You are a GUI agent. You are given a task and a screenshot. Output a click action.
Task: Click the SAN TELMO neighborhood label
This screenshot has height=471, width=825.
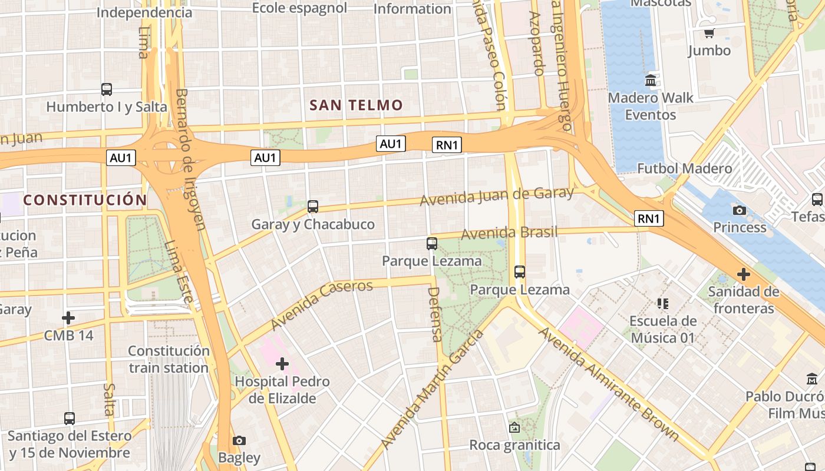(x=356, y=105)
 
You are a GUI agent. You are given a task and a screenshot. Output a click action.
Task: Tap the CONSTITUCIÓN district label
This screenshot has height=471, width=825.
(x=85, y=200)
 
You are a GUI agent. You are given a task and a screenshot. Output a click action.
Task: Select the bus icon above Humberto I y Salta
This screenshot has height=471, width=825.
(x=107, y=89)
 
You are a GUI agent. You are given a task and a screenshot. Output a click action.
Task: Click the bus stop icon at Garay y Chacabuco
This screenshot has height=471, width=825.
(x=313, y=207)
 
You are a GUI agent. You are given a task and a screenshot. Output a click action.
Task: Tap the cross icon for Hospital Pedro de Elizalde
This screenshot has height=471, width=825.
(x=282, y=364)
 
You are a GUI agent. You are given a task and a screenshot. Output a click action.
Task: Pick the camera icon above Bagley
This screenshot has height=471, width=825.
(x=239, y=440)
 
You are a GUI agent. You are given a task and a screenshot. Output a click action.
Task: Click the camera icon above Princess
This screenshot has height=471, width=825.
(x=739, y=210)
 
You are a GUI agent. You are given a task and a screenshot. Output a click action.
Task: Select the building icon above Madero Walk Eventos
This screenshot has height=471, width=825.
(x=651, y=80)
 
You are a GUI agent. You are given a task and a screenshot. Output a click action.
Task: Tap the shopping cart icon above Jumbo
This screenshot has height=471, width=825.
(x=709, y=33)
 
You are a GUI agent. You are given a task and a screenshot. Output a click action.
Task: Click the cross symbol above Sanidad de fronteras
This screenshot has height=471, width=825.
(x=744, y=274)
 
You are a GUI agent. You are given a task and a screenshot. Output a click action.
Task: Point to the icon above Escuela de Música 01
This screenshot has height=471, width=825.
(x=663, y=304)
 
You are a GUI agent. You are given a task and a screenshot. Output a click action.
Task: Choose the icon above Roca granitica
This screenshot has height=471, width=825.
(x=514, y=427)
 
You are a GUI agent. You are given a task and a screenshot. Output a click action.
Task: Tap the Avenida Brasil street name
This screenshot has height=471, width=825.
(x=509, y=233)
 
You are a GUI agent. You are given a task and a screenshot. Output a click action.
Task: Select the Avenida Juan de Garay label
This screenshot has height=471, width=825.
(x=496, y=197)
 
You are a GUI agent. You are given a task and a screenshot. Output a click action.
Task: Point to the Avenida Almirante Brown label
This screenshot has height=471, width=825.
(x=609, y=384)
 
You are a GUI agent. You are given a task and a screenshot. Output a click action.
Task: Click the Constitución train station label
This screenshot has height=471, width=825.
(x=169, y=359)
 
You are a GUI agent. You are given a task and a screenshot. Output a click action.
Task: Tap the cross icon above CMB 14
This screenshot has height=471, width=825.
(x=68, y=318)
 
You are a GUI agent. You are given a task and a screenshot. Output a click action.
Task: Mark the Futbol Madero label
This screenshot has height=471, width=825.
(x=684, y=169)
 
